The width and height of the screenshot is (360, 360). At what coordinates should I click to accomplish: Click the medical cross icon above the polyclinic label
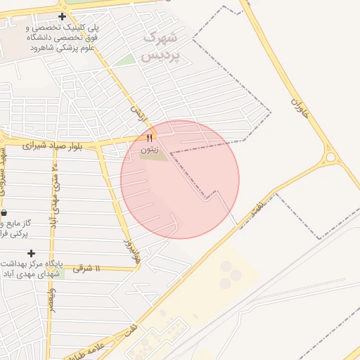point(63,16)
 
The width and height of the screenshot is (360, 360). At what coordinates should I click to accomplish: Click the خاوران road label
point(300,108)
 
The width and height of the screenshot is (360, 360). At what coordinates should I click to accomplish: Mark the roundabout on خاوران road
point(330,156)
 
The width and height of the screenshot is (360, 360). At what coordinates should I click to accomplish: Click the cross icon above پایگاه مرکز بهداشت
point(31,253)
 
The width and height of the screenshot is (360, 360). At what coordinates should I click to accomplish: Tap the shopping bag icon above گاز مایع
point(4,212)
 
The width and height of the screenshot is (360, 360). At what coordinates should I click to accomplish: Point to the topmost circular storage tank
point(226,266)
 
